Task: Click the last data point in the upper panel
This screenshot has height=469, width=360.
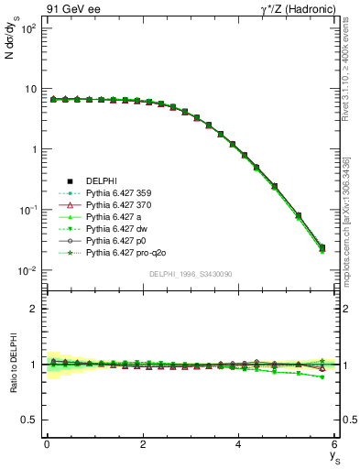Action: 322,247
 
